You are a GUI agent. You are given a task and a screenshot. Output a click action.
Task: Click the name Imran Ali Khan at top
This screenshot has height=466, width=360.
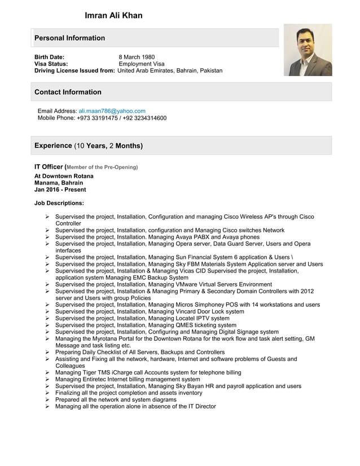point(113,15)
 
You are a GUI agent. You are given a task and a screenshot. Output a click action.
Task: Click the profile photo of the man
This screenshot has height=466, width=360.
point(308,50)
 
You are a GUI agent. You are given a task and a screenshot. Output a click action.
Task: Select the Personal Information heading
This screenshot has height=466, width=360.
point(69,38)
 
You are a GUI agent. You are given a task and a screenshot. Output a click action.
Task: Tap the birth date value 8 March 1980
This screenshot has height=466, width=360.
point(137,57)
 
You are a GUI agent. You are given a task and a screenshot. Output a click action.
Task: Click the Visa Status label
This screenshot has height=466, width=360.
point(51,64)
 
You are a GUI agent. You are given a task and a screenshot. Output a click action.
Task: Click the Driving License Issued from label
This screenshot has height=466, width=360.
point(74,71)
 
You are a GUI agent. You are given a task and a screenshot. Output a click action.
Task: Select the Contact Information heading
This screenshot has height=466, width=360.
point(68,92)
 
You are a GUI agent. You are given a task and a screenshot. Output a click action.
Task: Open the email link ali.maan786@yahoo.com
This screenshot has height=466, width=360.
point(112,111)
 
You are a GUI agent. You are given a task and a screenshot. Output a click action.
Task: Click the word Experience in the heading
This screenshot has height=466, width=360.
point(53,146)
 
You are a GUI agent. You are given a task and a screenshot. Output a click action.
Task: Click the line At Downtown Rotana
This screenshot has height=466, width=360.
point(64,176)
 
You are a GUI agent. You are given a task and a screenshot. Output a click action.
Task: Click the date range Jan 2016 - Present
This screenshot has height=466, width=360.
point(60,190)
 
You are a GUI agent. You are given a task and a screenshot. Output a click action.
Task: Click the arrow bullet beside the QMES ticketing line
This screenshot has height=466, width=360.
point(48,325)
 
